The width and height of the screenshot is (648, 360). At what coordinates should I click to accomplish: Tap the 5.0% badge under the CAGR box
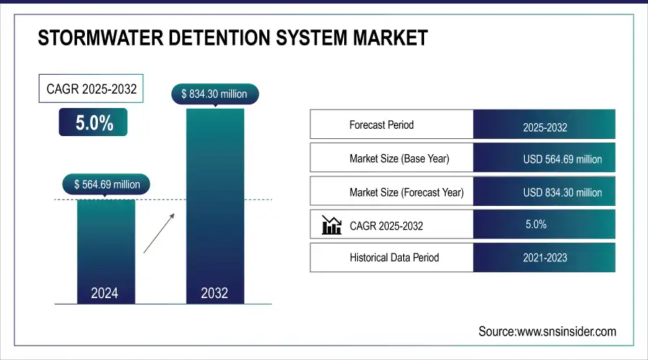(x=94, y=122)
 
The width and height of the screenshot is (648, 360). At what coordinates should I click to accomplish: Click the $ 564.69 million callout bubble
(x=107, y=184)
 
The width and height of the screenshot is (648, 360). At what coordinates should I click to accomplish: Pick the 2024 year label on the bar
(x=105, y=293)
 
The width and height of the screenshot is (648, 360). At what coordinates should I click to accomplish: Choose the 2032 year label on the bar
(x=215, y=293)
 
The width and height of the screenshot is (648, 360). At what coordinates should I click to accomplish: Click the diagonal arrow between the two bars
(x=158, y=233)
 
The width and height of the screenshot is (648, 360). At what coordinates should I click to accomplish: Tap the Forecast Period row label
(x=382, y=125)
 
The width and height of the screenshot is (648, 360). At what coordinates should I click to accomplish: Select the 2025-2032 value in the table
(x=545, y=128)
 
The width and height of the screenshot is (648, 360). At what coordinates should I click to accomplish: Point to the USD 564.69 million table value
(x=562, y=159)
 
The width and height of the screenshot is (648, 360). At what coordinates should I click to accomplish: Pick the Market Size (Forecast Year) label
(x=406, y=192)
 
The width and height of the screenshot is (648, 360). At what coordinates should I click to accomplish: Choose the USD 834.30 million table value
(x=562, y=192)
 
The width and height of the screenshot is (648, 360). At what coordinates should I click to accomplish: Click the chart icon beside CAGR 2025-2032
(x=331, y=225)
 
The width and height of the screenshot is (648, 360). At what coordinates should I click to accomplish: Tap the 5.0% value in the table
(x=536, y=225)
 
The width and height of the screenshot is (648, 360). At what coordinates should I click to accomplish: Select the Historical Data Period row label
(x=394, y=257)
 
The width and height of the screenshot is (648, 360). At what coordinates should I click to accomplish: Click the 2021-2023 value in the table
(x=545, y=257)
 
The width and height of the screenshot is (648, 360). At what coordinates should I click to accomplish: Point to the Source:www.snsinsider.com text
(x=547, y=331)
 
